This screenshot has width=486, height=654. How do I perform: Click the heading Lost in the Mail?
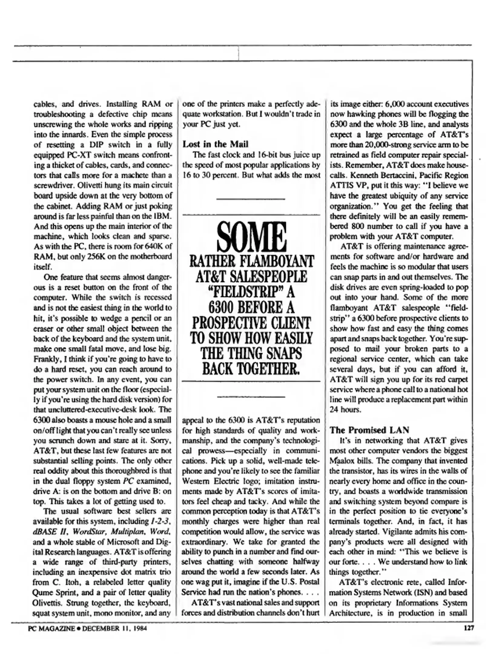[x=215, y=144]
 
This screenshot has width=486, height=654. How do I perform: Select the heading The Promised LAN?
[x=369, y=430]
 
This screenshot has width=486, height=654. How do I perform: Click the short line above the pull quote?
[x=251, y=199]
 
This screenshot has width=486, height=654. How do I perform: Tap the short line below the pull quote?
[x=251, y=396]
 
